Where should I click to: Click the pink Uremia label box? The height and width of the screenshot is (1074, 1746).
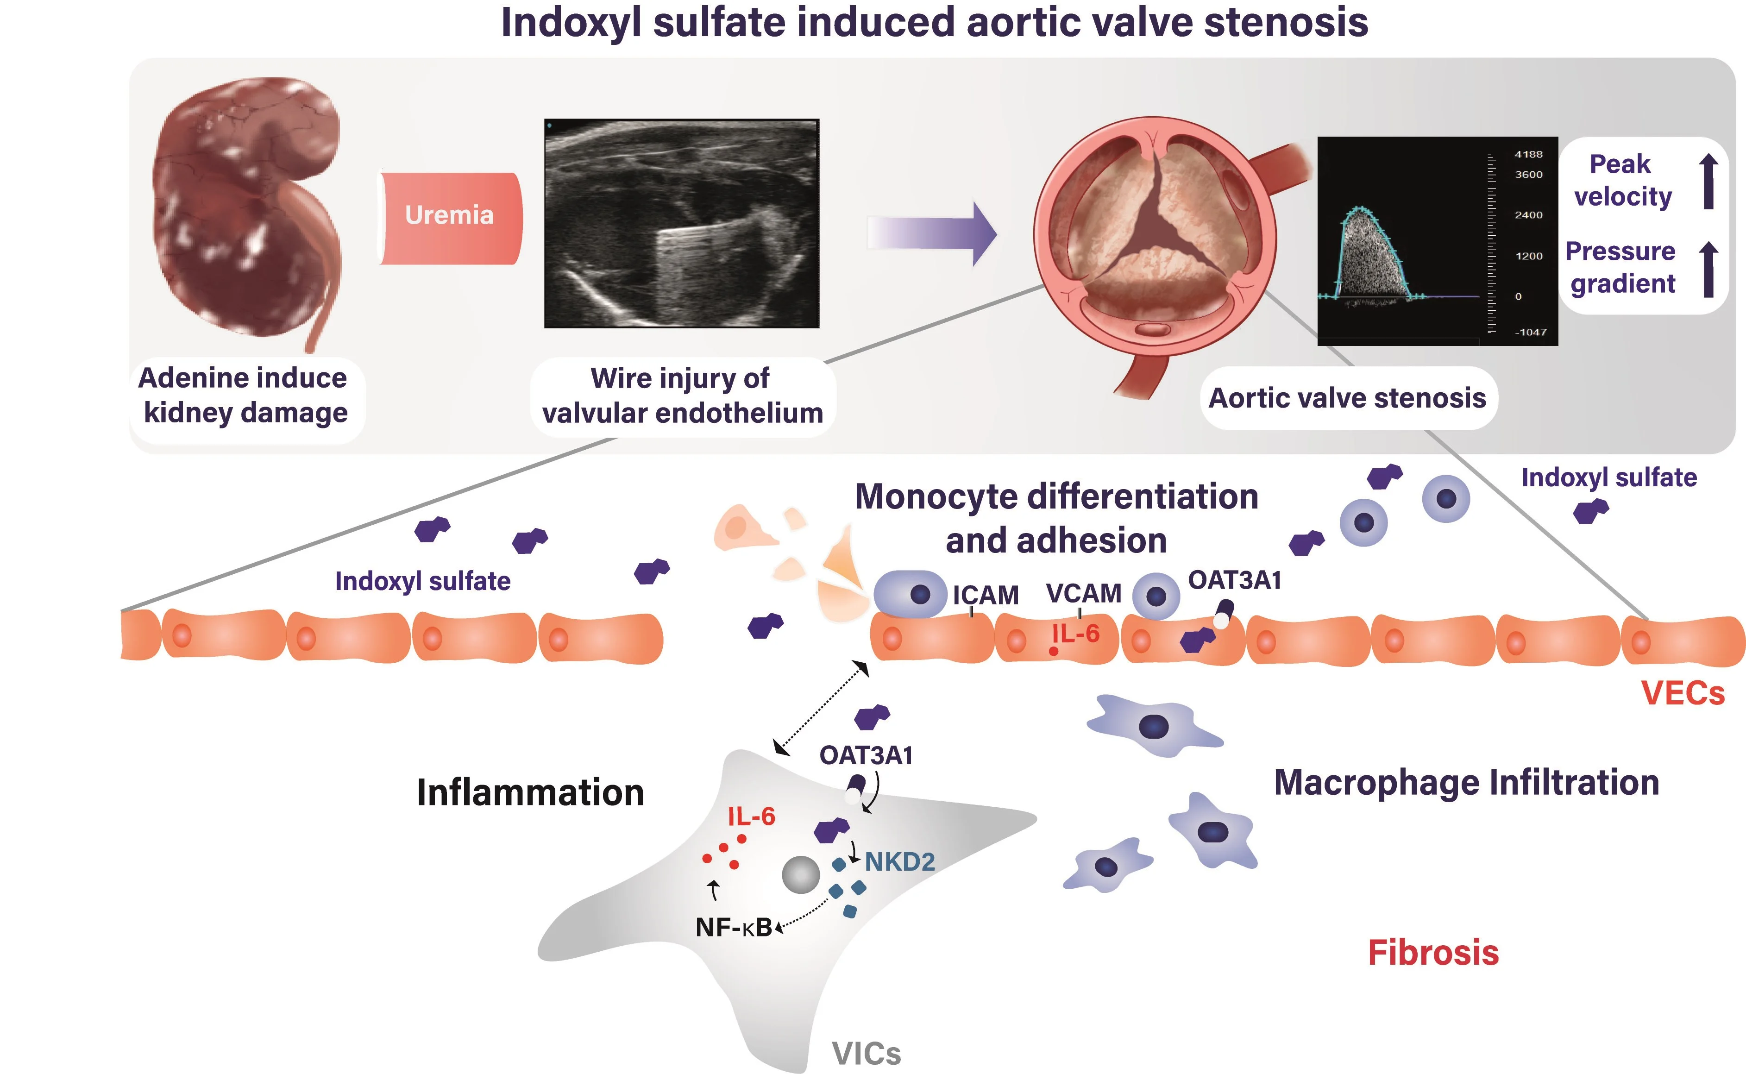[450, 217]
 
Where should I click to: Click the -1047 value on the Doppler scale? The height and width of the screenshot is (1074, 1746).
[1530, 332]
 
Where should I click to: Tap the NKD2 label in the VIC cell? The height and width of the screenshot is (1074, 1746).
[899, 861]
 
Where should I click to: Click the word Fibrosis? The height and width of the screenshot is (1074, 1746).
[1433, 953]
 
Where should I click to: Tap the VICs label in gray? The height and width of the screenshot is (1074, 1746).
[866, 1054]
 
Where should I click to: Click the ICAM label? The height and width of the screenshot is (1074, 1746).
[985, 595]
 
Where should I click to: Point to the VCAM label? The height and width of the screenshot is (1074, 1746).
[1083, 593]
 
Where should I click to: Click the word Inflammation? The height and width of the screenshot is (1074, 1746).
[530, 792]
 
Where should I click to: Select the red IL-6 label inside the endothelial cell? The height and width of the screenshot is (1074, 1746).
[1075, 633]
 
